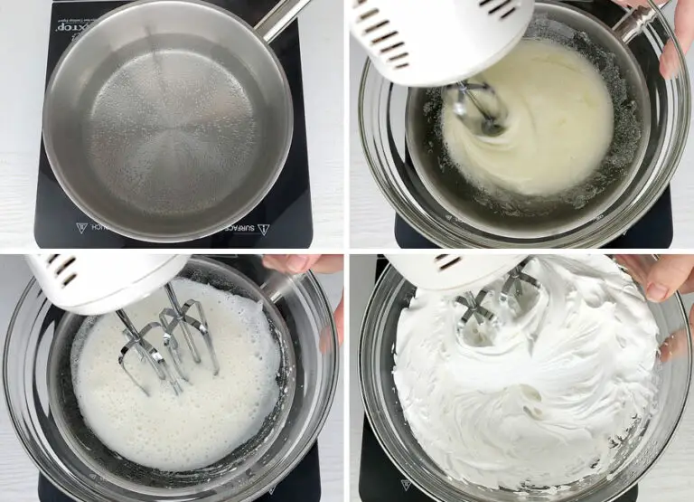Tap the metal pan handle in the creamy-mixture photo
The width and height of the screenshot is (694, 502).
pyautogui.click(x=636, y=23)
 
